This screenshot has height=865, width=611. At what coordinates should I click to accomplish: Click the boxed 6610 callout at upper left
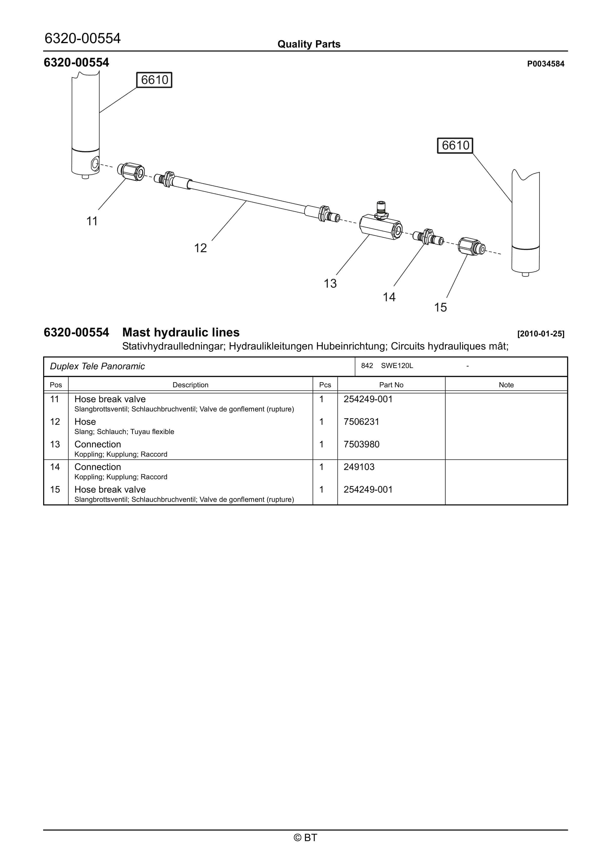tap(154, 80)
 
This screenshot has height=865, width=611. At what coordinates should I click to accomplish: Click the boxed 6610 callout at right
tap(455, 145)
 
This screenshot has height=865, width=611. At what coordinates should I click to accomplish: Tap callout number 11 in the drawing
tap(92, 221)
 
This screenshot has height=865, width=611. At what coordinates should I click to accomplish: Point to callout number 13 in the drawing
tap(330, 283)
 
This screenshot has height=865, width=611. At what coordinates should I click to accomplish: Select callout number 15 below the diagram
tap(440, 307)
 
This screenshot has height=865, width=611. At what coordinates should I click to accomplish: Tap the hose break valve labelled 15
tap(471, 247)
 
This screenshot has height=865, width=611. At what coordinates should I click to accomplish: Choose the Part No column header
tap(391, 385)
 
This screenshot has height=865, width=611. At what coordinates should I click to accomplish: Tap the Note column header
tap(506, 385)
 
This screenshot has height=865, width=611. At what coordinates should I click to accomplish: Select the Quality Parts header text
tap(309, 44)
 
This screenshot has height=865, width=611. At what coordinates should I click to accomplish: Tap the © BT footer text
tap(305, 838)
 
